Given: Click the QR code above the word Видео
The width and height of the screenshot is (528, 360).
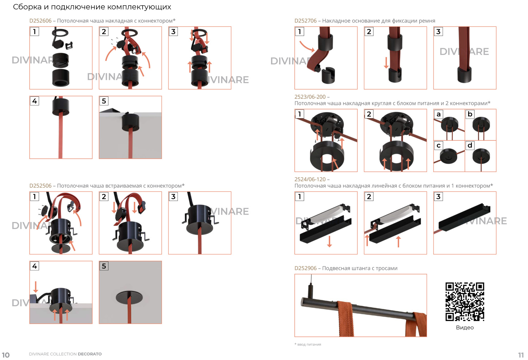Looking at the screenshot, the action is (465, 302).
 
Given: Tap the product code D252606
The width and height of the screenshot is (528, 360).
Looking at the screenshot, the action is (40, 21).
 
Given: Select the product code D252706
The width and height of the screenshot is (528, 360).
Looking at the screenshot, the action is (306, 21).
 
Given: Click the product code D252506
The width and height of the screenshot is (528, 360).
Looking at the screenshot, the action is (40, 186).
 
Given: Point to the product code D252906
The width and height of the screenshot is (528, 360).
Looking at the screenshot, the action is (306, 268).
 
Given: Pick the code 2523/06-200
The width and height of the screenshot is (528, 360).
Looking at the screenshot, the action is (310, 97).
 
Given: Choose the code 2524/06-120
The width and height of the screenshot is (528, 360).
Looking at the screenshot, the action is (310, 179).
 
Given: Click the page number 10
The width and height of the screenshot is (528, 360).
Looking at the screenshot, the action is (6, 355).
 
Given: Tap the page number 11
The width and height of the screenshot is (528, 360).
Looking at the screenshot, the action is (521, 355).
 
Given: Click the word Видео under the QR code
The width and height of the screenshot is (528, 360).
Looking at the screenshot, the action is (465, 328).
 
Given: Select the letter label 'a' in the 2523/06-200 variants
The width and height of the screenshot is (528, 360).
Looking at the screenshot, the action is (439, 114).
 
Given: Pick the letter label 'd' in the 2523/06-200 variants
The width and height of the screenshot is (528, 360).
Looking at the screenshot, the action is (470, 145).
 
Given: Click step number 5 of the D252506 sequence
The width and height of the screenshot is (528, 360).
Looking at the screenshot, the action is (104, 266).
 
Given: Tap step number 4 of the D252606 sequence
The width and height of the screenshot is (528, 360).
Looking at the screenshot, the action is (34, 101).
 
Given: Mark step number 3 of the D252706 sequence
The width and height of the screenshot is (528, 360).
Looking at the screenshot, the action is (439, 32).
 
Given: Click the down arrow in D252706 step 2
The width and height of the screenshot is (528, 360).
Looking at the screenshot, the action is (386, 63).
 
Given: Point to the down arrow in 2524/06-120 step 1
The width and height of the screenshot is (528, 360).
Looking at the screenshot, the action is (329, 241).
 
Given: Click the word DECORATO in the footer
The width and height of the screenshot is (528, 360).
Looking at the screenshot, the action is (89, 354).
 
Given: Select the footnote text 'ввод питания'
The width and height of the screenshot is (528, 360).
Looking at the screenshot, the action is (309, 345).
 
